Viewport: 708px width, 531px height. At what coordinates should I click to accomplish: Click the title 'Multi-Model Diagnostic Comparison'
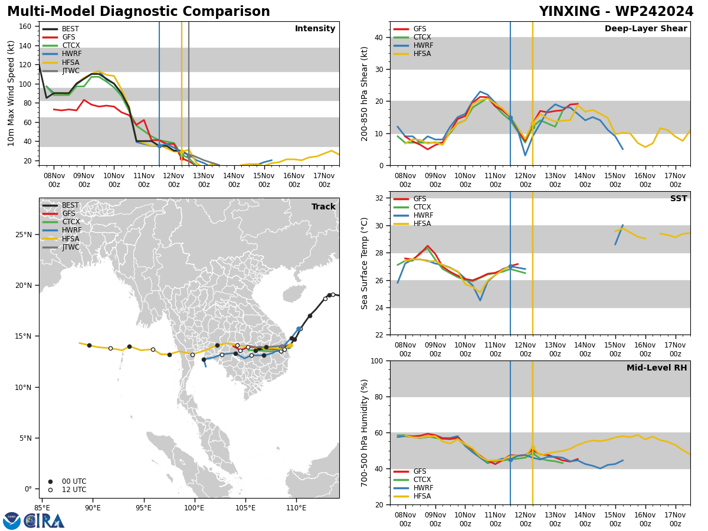tap(139, 11)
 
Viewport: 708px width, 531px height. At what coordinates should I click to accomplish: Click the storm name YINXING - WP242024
tap(616, 11)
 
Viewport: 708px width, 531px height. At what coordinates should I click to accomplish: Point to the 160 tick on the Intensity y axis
tap(25, 27)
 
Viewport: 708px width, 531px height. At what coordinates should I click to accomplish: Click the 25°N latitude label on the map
tap(24, 235)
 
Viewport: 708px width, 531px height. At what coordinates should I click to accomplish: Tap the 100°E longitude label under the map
tap(195, 509)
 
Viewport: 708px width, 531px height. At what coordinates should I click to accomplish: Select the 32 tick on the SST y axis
tap(379, 198)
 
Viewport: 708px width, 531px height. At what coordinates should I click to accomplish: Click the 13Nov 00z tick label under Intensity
tap(204, 180)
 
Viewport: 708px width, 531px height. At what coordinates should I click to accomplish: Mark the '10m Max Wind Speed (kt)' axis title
tap(11, 93)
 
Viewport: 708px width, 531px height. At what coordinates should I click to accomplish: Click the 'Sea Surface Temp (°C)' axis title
tap(364, 264)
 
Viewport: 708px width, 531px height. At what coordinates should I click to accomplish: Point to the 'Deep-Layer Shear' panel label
tap(645, 28)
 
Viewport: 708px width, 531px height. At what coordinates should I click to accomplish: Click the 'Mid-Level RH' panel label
tap(657, 368)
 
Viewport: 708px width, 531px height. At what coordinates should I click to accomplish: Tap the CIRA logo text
tap(44, 521)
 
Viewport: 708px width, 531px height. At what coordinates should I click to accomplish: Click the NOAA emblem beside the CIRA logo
tap(12, 521)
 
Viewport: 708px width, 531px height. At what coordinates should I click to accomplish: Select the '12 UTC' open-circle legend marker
tap(50, 490)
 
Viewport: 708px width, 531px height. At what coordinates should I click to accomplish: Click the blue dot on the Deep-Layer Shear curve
tap(510, 118)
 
